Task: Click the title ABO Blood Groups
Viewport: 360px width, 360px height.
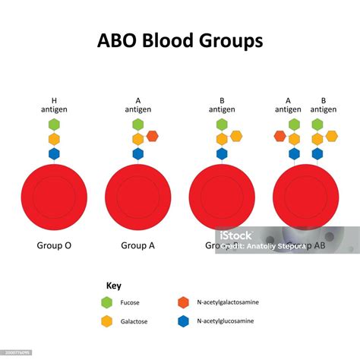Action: pyautogui.click(x=179, y=39)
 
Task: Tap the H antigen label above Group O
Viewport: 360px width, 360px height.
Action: pyautogui.click(x=54, y=104)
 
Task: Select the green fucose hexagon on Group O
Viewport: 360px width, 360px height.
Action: pyautogui.click(x=54, y=125)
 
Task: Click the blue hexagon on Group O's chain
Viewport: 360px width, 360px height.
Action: pyautogui.click(x=54, y=154)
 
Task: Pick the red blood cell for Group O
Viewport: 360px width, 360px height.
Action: pyautogui.click(x=54, y=197)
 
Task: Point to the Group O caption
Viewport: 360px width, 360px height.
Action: pyautogui.click(x=54, y=245)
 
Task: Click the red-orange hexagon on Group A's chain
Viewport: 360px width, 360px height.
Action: pyautogui.click(x=152, y=137)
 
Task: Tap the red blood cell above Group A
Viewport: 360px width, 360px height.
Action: pyautogui.click(x=137, y=197)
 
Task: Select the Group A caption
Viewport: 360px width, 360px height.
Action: pyautogui.click(x=137, y=245)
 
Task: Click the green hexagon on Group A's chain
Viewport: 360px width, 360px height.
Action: pyautogui.click(x=137, y=125)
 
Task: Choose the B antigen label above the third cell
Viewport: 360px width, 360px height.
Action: pyautogui.click(x=222, y=104)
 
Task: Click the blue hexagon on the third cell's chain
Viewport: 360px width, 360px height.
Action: pyautogui.click(x=222, y=154)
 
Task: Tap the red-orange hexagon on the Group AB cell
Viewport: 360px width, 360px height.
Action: pyautogui.click(x=280, y=137)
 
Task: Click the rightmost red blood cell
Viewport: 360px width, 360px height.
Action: pyautogui.click(x=305, y=197)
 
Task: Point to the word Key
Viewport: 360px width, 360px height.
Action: pyautogui.click(x=114, y=286)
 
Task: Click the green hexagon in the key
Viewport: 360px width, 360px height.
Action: pyautogui.click(x=107, y=302)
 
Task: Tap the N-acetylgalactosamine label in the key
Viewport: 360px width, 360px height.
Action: pyautogui.click(x=227, y=302)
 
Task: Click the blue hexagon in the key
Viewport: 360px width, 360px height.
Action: pyautogui.click(x=183, y=321)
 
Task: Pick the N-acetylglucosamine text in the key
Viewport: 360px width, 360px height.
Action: pyautogui.click(x=226, y=321)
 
